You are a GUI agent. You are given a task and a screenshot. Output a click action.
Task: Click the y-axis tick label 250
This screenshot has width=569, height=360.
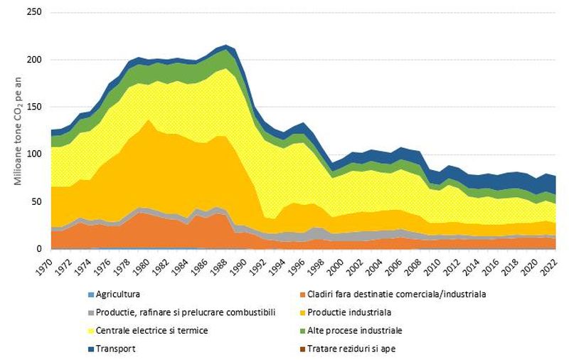[34, 13]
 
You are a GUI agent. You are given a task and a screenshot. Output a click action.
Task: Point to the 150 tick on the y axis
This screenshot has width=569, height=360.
[34, 107]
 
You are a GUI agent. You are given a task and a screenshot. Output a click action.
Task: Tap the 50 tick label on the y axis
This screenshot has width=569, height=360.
[36, 202]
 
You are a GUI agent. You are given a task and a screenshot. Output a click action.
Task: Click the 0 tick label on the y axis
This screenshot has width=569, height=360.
[39, 249]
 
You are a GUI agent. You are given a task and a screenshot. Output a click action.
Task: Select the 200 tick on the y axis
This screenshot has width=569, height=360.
[34, 60]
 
